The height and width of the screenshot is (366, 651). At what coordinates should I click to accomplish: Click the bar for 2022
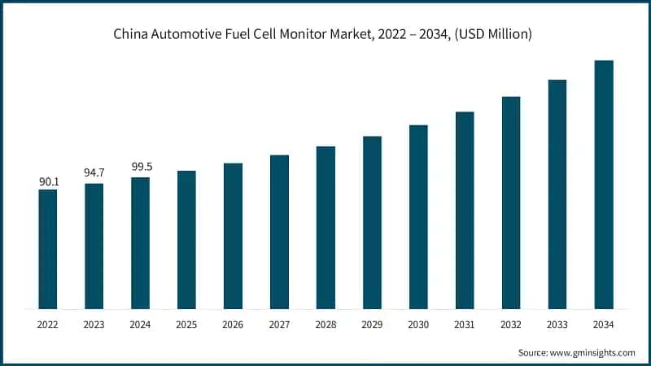[48, 249]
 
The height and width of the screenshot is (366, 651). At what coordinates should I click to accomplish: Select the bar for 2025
[186, 240]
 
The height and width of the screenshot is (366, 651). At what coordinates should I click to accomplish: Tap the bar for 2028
[325, 228]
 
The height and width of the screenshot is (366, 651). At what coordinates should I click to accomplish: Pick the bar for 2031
[465, 210]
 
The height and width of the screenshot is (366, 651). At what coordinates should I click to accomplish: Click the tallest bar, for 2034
[603, 185]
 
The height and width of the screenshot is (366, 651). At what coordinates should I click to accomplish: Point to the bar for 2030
[418, 217]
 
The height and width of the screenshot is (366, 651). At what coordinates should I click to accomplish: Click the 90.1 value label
[49, 181]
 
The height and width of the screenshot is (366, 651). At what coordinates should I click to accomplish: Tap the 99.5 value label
[142, 168]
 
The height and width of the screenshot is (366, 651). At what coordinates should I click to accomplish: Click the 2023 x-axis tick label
[94, 324]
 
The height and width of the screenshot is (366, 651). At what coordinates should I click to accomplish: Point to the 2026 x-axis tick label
[233, 324]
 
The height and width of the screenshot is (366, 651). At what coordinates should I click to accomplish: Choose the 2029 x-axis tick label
[372, 324]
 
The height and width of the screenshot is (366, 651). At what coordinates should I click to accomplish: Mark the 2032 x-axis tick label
[511, 324]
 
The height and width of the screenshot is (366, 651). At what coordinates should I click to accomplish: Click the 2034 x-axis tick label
[603, 324]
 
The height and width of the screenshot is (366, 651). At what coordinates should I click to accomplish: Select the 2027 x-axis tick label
[279, 324]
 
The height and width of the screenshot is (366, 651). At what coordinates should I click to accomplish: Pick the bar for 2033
[557, 194]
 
